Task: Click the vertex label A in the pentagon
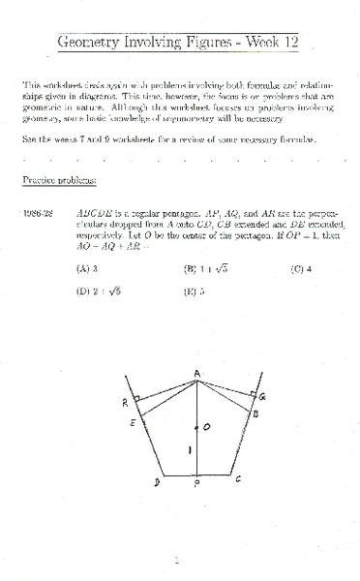coord(196,373)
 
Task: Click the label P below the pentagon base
coord(196,486)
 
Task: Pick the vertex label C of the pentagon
coord(239,478)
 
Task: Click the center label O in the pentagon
coord(205,426)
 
